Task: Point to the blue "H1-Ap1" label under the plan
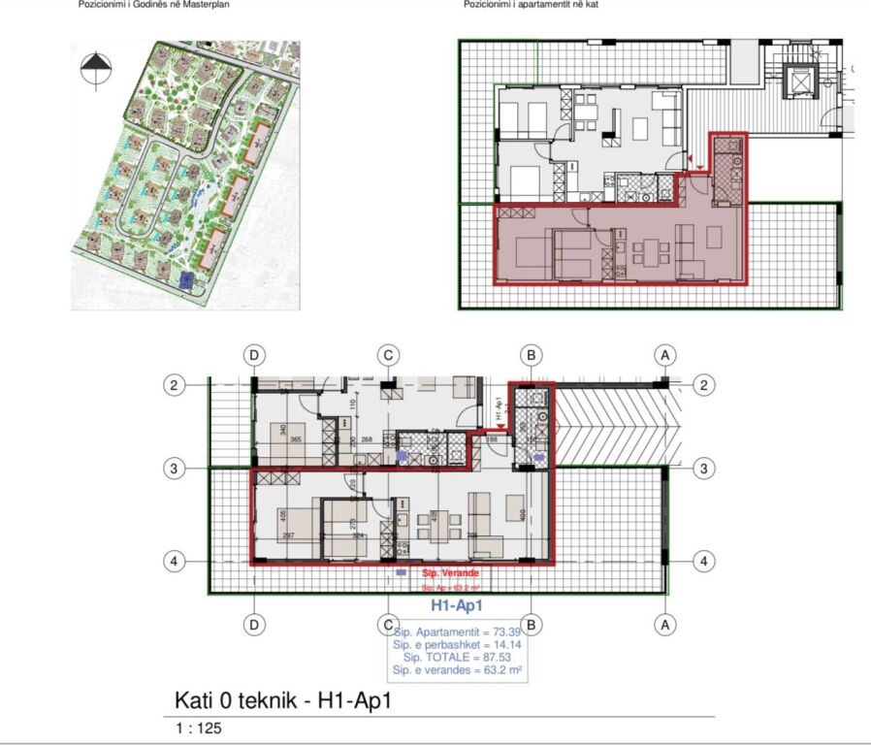(458, 605)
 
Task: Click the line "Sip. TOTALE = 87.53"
(458, 657)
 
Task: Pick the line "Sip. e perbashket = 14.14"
(458, 645)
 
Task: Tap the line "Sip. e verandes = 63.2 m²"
(458, 669)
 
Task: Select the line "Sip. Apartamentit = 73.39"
(458, 632)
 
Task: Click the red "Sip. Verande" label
(450, 574)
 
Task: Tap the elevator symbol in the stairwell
(800, 81)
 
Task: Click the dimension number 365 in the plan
(297, 439)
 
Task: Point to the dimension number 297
(288, 535)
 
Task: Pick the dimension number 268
(367, 439)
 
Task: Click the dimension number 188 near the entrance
(492, 439)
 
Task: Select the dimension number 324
(358, 535)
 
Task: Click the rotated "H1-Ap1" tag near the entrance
(497, 409)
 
